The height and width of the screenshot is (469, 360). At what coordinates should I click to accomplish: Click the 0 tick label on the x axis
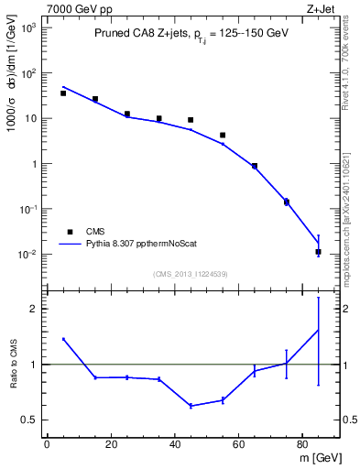coord(47,444)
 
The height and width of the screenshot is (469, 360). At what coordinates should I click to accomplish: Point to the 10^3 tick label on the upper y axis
coord(29,27)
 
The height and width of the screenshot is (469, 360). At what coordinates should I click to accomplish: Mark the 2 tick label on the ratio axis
coord(34,309)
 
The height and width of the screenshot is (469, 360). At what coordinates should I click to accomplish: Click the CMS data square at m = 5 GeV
coord(63,93)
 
